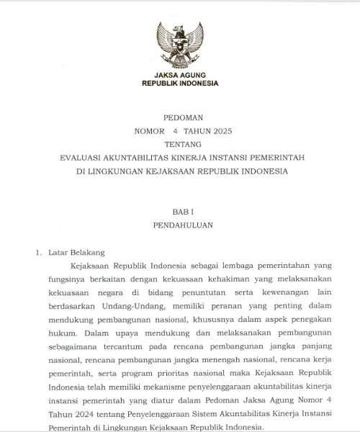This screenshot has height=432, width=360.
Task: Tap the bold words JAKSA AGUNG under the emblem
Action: [180, 75]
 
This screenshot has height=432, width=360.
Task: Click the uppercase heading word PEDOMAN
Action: [180, 117]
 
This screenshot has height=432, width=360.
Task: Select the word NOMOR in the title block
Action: [149, 131]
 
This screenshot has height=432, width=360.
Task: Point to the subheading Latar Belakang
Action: [76, 253]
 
